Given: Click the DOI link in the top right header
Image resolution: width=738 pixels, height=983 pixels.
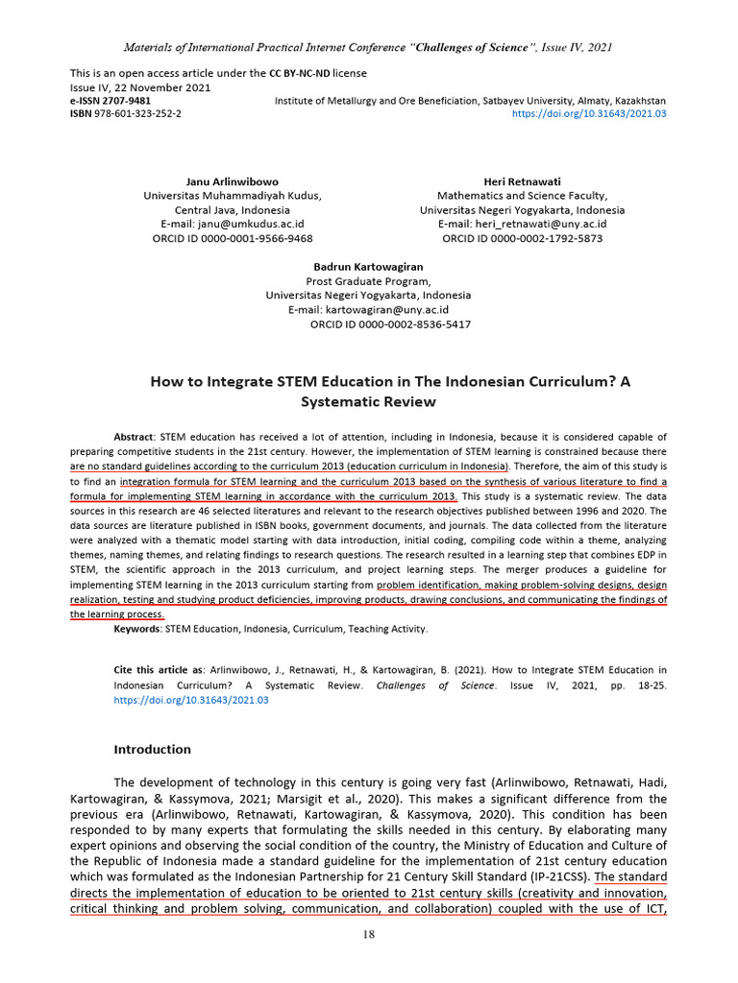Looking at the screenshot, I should pyautogui.click(x=589, y=113).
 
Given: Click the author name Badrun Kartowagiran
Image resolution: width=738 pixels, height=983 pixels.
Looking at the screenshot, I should pyautogui.click(x=368, y=267).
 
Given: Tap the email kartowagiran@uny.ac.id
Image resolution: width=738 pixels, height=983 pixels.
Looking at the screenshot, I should pyautogui.click(x=386, y=310).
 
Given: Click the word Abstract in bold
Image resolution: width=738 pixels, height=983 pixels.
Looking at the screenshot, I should pyautogui.click(x=134, y=437).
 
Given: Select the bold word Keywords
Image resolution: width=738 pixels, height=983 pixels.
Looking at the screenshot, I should pyautogui.click(x=136, y=629).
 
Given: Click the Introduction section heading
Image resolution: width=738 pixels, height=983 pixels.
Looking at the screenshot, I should pyautogui.click(x=153, y=750).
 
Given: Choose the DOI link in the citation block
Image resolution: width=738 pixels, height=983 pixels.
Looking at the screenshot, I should pyautogui.click(x=191, y=701).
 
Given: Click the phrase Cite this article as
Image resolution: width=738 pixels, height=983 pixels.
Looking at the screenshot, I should pyautogui.click(x=159, y=669).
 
